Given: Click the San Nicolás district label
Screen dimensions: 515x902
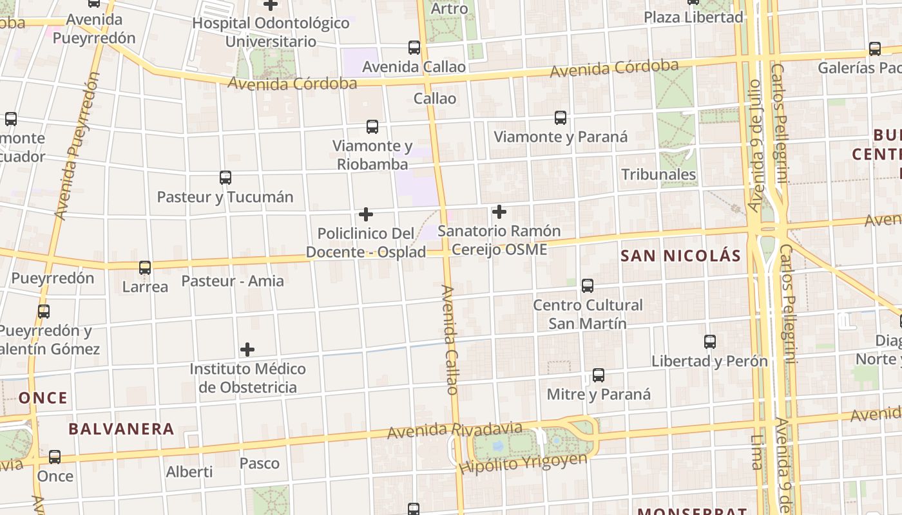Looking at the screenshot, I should (680, 256).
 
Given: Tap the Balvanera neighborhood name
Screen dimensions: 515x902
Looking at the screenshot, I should (121, 429).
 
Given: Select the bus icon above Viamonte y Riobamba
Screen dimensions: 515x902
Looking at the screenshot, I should (372, 127).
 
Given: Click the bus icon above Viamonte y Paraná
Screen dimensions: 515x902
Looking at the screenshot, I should (561, 118).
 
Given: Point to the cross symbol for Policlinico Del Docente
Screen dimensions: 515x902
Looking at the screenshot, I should (366, 214).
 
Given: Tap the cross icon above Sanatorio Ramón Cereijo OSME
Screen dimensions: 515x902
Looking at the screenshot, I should (499, 211).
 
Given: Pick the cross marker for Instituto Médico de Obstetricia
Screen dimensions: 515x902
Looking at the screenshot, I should (247, 350).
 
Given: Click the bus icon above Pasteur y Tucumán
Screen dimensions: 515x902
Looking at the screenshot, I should (225, 178).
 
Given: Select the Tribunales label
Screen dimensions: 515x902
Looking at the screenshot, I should (658, 174).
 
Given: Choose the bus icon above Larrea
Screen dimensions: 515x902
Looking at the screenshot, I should (145, 268).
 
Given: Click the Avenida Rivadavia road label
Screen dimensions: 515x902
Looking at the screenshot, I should (455, 429).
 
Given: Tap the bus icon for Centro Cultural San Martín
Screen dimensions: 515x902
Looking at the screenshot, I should (588, 286).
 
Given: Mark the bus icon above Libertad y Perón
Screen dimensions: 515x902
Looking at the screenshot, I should (709, 342).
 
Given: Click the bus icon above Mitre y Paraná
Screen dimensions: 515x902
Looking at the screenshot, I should (599, 375).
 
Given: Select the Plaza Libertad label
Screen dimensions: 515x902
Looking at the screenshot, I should (694, 17).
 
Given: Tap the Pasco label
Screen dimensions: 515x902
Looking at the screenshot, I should (260, 464).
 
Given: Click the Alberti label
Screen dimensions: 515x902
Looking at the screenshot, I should (189, 472).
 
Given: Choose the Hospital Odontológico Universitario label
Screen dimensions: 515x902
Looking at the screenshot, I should (271, 32).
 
